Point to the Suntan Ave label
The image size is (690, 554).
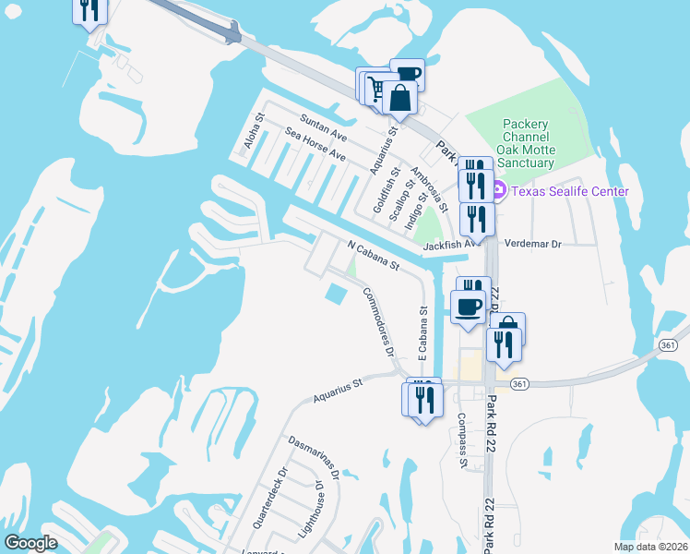tap(322, 129)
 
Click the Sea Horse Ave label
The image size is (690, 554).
tap(315, 146)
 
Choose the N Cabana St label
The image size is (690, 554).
tap(373, 256)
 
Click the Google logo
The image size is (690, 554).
tap(30, 543)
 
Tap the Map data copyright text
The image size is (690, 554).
tap(650, 547)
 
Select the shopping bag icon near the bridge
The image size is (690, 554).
tap(400, 98)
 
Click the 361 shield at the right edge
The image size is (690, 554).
tap(680, 344)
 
